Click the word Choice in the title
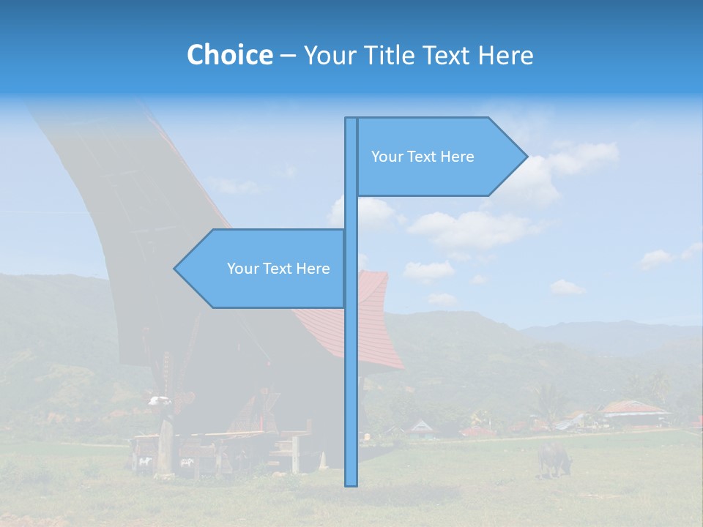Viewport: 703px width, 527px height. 229,55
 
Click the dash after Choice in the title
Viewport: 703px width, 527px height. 288,56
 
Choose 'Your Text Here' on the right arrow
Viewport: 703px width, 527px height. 423,157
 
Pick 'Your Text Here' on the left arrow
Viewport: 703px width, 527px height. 278,269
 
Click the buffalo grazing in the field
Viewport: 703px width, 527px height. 554,457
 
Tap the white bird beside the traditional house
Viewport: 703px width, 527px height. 157,400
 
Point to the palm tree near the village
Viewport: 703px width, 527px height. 546,399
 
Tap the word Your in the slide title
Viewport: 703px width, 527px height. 327,55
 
